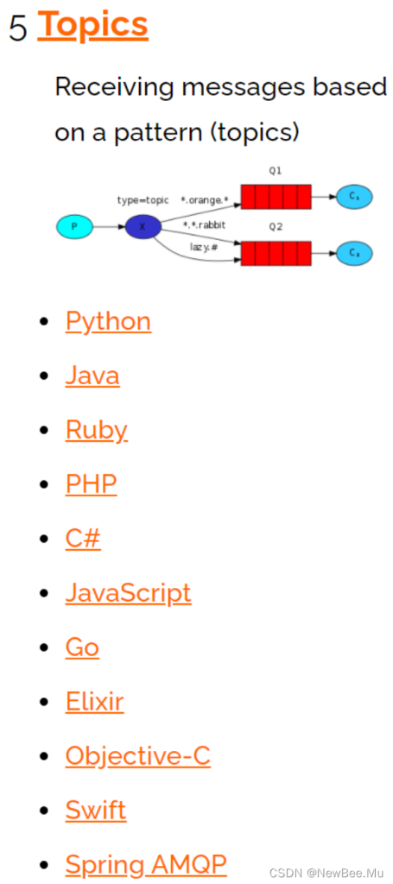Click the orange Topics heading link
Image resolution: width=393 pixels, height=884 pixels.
[93, 25]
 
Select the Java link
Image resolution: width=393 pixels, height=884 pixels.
[92, 375]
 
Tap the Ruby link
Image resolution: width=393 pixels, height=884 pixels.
[97, 431]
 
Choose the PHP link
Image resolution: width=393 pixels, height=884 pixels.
[92, 483]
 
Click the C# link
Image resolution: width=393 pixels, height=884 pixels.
[84, 539]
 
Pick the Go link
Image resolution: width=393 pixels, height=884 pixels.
[82, 647]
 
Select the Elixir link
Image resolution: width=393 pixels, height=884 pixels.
[95, 701]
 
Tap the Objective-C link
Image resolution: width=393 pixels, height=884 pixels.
[138, 755]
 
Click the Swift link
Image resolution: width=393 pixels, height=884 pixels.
[96, 810]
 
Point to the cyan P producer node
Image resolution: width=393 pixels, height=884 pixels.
[74, 227]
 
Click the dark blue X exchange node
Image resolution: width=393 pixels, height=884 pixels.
[143, 227]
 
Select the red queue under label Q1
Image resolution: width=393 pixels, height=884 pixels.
[276, 197]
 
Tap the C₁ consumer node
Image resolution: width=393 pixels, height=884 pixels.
[355, 197]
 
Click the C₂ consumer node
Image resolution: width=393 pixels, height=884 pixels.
[355, 253]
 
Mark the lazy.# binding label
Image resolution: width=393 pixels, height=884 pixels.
[204, 247]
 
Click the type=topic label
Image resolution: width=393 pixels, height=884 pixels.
[143, 200]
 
